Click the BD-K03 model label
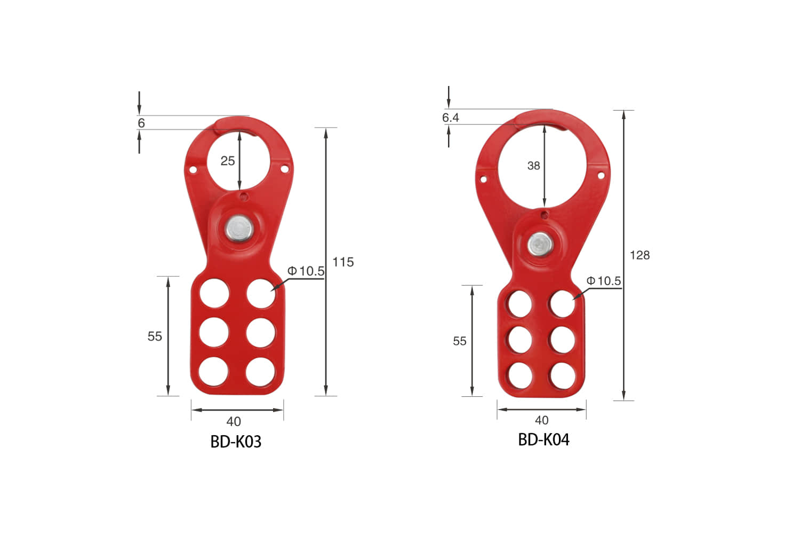236,442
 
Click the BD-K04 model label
543,439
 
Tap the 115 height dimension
343,262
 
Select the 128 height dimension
639,255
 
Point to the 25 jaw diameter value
228,161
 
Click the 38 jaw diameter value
533,166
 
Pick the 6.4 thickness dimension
450,117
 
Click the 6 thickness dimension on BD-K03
141,123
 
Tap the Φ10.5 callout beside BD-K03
306,271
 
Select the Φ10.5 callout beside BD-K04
604,281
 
